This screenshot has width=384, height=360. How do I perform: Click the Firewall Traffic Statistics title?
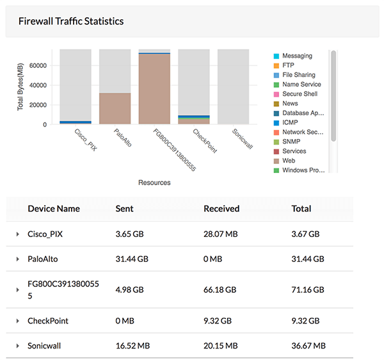tap(71, 21)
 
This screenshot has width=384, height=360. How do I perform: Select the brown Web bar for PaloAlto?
tap(115, 108)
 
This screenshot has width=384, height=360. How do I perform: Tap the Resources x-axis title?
tap(154, 183)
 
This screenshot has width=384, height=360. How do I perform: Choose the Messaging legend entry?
tap(297, 56)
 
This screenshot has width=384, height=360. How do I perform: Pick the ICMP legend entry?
tap(291, 122)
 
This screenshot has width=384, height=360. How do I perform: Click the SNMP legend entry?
tap(292, 142)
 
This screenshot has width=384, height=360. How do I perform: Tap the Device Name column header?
tap(54, 209)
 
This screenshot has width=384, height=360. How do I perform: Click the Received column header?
tap(221, 209)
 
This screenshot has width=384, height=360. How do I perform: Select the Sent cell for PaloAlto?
tap(132, 259)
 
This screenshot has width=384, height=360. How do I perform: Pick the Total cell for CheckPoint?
tap(305, 321)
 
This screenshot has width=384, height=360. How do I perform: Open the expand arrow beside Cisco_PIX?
tap(18, 235)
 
